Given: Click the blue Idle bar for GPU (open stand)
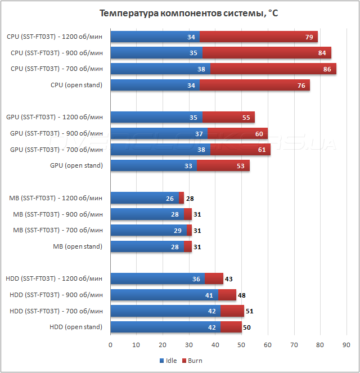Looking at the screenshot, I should [x=153, y=166].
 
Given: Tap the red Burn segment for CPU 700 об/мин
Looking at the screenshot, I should [x=273, y=69].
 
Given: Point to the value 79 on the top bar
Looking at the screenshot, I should [x=309, y=37].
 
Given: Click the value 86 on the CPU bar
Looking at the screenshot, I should [x=327, y=69].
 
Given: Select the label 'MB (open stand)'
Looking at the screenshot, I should [x=78, y=246].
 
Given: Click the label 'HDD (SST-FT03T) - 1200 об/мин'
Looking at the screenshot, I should [x=54, y=278].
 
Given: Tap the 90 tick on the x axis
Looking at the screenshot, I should [x=346, y=345].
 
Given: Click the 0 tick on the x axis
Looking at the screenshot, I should [x=110, y=345].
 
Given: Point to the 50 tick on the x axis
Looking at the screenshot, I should [x=241, y=345].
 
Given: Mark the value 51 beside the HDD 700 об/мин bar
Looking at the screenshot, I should [x=251, y=311].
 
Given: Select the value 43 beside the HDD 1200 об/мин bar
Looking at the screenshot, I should [x=229, y=279].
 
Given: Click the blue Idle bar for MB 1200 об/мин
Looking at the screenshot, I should [x=144, y=198].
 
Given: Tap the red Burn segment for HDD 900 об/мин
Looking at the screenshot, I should [x=227, y=295].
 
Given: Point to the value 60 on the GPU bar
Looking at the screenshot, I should [x=259, y=134].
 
